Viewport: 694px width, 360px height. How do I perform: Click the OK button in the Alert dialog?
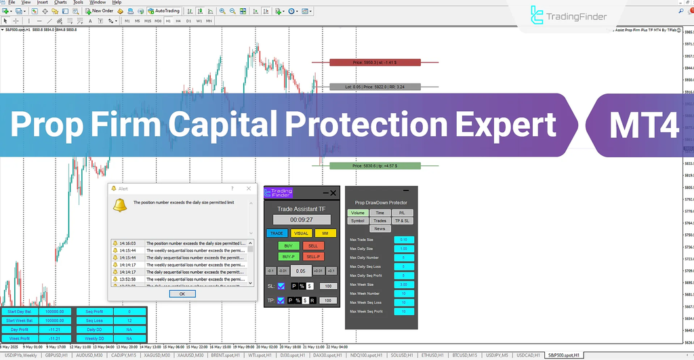[x=182, y=294]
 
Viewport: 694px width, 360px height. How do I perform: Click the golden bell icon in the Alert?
[x=119, y=205]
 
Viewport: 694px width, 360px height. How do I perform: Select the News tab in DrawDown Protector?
[x=379, y=229]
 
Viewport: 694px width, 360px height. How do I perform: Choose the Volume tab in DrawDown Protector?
[x=357, y=213]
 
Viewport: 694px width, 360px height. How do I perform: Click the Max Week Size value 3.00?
[x=404, y=285]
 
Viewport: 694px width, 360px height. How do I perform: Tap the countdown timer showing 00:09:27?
[x=302, y=220]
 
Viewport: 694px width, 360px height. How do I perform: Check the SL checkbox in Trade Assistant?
[x=281, y=286]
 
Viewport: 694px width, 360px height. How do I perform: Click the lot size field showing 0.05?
[x=302, y=271]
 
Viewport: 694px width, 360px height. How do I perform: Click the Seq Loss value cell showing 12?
[x=128, y=321]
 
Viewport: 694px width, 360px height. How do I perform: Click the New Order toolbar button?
[x=99, y=11]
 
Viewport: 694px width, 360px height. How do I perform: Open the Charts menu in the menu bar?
[x=60, y=3]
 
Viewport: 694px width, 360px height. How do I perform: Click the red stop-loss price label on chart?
[x=375, y=62]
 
